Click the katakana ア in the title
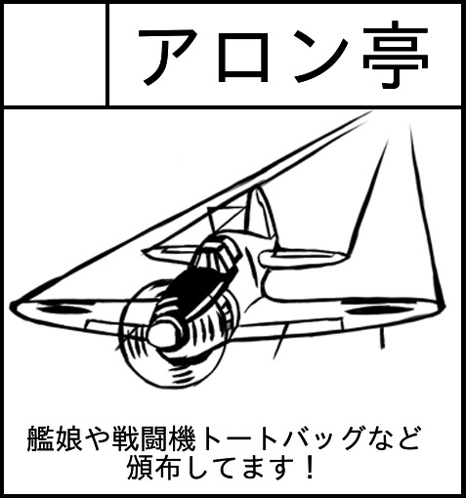168,56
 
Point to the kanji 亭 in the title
396,55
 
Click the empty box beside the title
55,55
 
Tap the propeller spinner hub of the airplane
165,334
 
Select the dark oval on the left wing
62,310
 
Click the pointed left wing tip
13,306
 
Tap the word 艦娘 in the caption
55,438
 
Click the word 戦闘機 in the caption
154,438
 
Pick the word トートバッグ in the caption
281,438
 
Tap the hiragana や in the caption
97,438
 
